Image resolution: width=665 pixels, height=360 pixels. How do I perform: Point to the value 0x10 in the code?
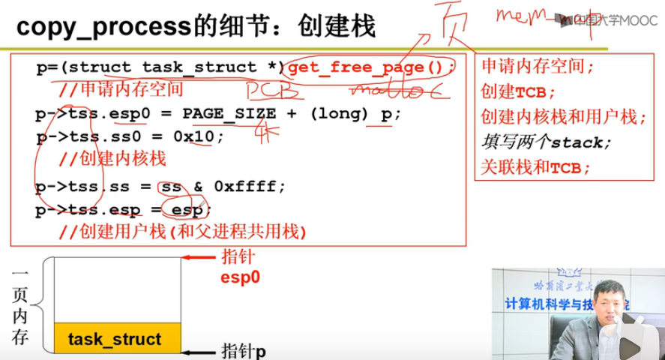pos(201,137)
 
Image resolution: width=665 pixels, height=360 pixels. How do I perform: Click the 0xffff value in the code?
pos(248,187)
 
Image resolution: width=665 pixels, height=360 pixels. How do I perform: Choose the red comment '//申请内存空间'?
pos(121,89)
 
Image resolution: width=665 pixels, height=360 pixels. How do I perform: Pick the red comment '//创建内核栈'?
pos(112,159)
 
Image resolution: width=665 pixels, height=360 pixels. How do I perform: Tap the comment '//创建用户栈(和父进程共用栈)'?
pos(184,232)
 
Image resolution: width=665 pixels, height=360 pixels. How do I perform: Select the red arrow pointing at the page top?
pos(202,258)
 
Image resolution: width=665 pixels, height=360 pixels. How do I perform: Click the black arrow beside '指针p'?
pos(201,351)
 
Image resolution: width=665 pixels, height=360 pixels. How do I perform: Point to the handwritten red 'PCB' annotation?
pos(274,91)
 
